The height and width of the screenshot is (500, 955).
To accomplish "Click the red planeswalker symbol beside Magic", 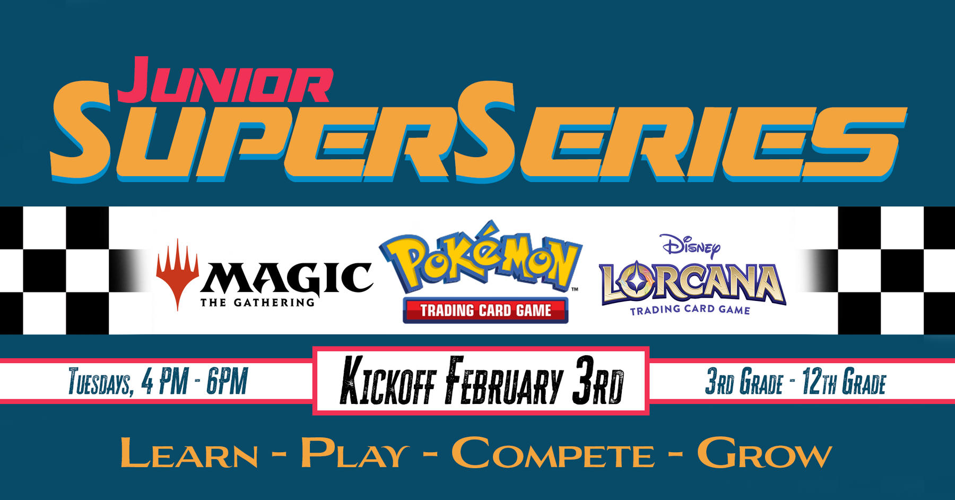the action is click(177, 274).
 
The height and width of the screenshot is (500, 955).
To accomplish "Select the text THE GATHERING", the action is click(258, 303).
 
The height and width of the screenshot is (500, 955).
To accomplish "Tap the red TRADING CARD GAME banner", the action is click(485, 310).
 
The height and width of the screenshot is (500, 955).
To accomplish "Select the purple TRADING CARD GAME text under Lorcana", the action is click(690, 309).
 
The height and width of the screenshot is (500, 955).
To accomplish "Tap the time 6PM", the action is click(227, 381).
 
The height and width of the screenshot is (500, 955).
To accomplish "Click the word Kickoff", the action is click(387, 381).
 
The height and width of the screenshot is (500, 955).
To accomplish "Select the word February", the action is click(504, 381).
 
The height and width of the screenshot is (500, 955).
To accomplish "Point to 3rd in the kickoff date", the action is click(598, 381).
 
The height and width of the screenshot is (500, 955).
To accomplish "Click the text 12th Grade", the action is click(844, 382).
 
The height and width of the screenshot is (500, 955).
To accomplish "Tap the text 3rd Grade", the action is click(744, 382).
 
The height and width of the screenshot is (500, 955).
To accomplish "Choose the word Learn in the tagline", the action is click(189, 453).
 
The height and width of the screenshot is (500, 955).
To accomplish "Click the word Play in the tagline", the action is click(355, 453).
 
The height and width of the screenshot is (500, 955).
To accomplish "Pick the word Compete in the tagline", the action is click(553, 453).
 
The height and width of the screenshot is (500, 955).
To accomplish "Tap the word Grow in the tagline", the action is click(765, 453).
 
